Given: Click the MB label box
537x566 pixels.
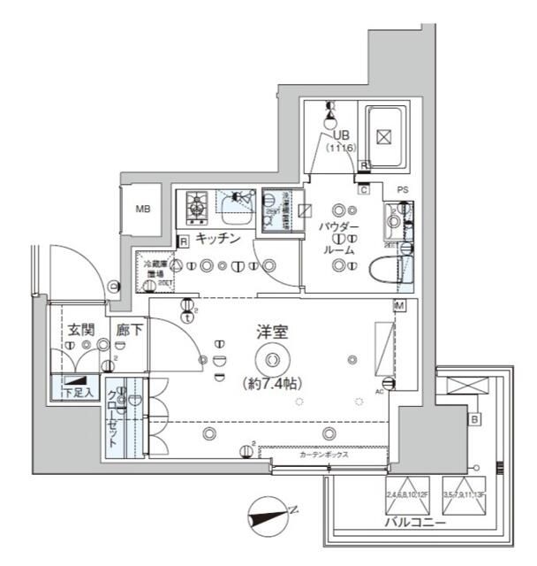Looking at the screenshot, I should click(x=142, y=210).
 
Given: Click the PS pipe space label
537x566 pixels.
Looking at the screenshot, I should click(x=403, y=190).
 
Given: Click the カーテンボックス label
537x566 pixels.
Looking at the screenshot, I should click(x=323, y=455).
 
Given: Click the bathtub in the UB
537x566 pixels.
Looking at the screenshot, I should click(x=383, y=138).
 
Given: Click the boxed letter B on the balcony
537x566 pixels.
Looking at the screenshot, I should click(x=474, y=419).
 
